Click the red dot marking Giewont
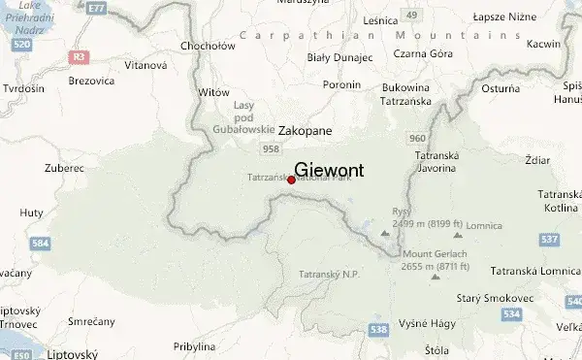pyautogui.click(x=291, y=180)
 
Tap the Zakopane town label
pyautogui.click(x=305, y=129)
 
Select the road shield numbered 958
pyautogui.click(x=271, y=148)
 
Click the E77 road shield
pyautogui.click(x=95, y=8)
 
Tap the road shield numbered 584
pyautogui.click(x=40, y=244)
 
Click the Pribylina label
pyautogui.click(x=194, y=345)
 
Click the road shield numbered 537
pyautogui.click(x=548, y=239)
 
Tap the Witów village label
pyautogui.click(x=212, y=91)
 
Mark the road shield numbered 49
pyautogui.click(x=411, y=15)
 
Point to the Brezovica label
pyautogui.click(x=91, y=82)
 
